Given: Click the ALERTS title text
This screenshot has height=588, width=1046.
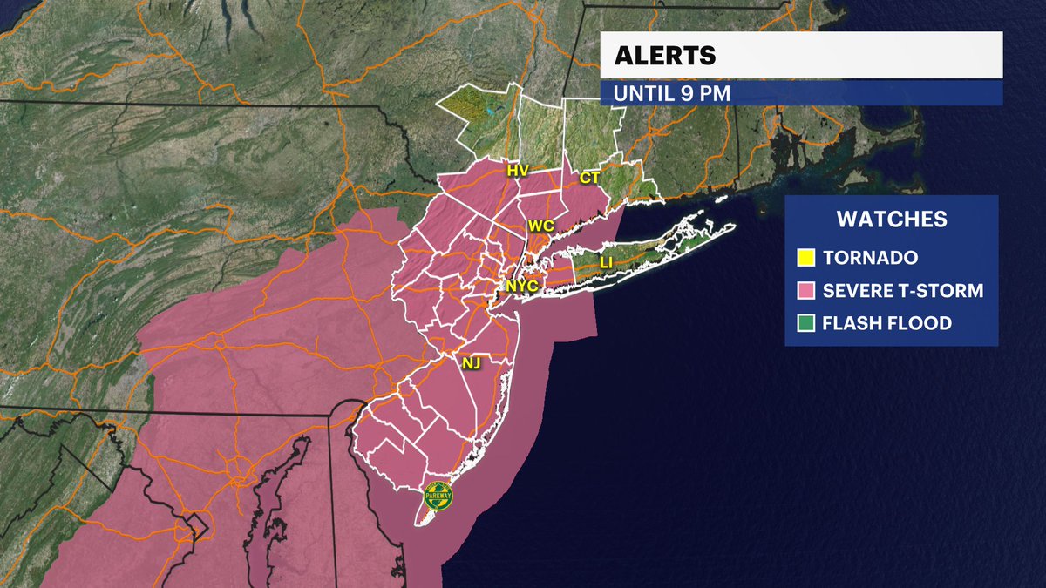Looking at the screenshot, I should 665,56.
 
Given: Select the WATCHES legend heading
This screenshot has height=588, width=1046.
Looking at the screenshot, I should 891,219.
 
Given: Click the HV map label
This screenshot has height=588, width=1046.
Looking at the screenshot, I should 518,171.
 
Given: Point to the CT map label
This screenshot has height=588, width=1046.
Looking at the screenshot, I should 590,178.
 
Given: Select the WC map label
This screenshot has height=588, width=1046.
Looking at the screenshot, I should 541,226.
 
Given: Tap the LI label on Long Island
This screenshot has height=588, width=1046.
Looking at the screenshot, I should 606,262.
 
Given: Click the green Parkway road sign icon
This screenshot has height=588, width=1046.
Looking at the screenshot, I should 438,495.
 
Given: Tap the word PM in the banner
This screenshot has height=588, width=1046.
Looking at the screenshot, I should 713,93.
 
